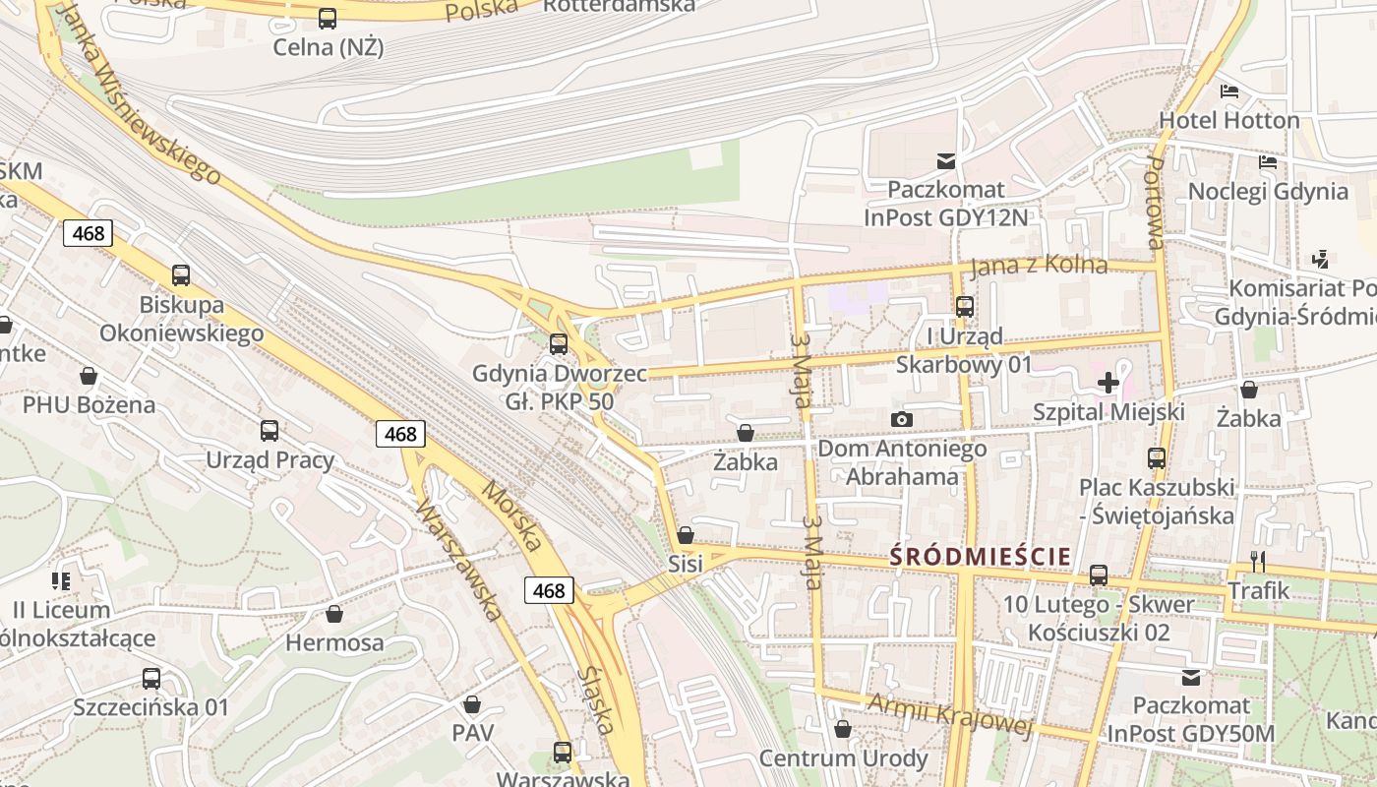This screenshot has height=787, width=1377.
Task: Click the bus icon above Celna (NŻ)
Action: click(x=328, y=19)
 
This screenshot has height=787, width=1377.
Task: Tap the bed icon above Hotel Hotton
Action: click(x=1229, y=91)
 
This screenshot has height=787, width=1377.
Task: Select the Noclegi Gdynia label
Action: click(x=1268, y=191)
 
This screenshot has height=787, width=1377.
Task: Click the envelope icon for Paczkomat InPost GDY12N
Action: click(x=946, y=160)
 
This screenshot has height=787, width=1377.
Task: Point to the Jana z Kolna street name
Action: click(x=1038, y=266)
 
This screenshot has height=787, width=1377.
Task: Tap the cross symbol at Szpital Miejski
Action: click(x=1108, y=383)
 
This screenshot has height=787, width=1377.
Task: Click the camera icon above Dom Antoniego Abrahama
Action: click(x=902, y=420)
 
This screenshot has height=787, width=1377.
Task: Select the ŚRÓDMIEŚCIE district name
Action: click(x=980, y=557)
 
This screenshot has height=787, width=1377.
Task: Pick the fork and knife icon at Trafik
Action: click(x=1257, y=562)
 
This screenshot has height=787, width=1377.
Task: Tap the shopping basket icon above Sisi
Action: click(x=686, y=535)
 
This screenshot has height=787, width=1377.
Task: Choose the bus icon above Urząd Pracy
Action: click(x=269, y=431)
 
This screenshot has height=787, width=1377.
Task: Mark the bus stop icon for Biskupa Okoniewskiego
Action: click(x=181, y=275)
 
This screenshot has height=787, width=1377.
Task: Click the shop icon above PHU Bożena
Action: click(x=89, y=376)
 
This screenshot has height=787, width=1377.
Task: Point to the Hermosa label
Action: click(x=334, y=643)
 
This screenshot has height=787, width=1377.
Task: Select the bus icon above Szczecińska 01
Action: click(x=150, y=679)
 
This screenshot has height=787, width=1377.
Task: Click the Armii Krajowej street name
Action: click(x=949, y=715)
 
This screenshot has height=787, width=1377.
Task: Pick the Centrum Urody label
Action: click(x=843, y=758)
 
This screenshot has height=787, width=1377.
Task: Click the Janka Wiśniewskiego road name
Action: click(x=138, y=93)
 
